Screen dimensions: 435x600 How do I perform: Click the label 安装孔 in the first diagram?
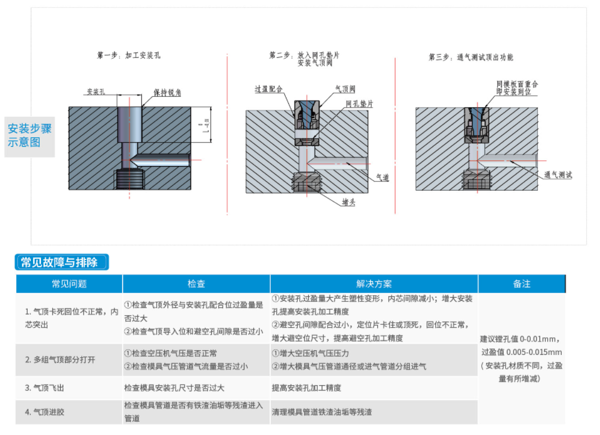(x=96, y=91)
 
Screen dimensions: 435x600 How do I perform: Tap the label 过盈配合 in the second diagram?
(x=268, y=89)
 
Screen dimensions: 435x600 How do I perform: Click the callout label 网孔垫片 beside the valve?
(x=359, y=103)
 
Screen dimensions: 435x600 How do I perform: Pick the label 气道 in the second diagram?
(x=382, y=177)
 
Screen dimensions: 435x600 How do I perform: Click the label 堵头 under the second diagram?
(x=348, y=202)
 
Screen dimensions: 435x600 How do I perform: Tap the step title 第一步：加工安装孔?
(x=129, y=55)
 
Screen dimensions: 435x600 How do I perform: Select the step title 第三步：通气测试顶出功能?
(x=471, y=57)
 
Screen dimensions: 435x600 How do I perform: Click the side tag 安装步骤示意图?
(x=29, y=135)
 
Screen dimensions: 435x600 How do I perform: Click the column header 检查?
(x=196, y=284)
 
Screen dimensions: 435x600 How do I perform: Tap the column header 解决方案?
(x=374, y=284)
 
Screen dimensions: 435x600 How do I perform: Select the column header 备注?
(x=521, y=284)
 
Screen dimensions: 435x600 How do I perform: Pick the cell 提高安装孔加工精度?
(x=307, y=388)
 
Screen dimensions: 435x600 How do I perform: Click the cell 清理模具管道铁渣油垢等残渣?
(x=321, y=412)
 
